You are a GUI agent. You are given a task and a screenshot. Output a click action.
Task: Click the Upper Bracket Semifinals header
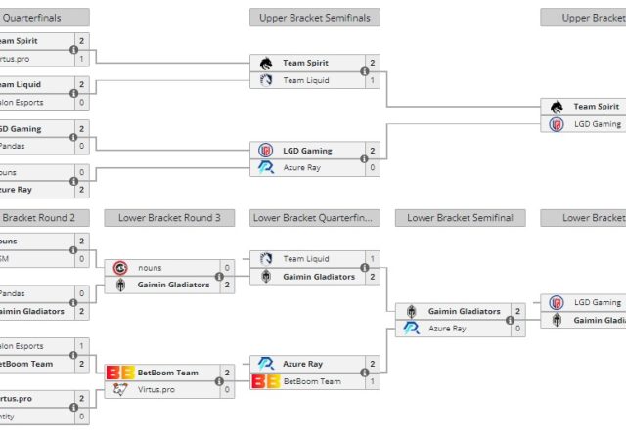[315, 18]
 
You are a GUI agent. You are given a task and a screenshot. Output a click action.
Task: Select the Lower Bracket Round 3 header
[170, 218]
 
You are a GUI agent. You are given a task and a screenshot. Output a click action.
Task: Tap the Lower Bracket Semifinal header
[460, 218]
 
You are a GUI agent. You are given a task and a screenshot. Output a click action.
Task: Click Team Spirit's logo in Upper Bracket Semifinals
[265, 63]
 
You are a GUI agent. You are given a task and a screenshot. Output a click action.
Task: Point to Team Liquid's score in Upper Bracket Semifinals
[372, 80]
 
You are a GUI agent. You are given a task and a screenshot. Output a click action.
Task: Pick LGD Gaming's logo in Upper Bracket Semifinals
[265, 151]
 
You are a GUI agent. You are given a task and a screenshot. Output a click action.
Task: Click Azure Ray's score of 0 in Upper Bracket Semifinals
[372, 168]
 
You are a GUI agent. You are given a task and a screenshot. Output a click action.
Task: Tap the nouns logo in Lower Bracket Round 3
[120, 267]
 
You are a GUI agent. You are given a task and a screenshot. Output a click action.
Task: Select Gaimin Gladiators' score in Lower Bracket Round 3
[227, 285]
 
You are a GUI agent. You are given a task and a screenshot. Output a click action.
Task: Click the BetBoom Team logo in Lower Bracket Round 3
[120, 373]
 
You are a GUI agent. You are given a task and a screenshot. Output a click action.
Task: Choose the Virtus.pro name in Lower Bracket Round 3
[157, 389]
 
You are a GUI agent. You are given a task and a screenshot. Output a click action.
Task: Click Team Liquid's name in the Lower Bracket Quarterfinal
[306, 259]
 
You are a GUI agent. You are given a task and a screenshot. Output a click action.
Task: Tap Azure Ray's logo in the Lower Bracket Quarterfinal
[265, 364]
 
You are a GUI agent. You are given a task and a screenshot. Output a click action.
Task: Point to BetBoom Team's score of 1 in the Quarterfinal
[372, 381]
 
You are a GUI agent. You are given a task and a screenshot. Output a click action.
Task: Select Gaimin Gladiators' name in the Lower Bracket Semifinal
[464, 311]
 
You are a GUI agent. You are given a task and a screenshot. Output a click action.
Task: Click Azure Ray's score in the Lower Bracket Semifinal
[517, 329]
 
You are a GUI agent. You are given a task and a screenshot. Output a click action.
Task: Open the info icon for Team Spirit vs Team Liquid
[364, 71]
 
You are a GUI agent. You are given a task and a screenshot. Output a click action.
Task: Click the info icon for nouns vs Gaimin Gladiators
[219, 276]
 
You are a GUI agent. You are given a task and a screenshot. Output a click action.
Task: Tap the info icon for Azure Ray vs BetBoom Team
[364, 373]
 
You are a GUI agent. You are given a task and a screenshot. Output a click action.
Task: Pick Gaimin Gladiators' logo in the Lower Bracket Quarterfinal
[265, 277]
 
